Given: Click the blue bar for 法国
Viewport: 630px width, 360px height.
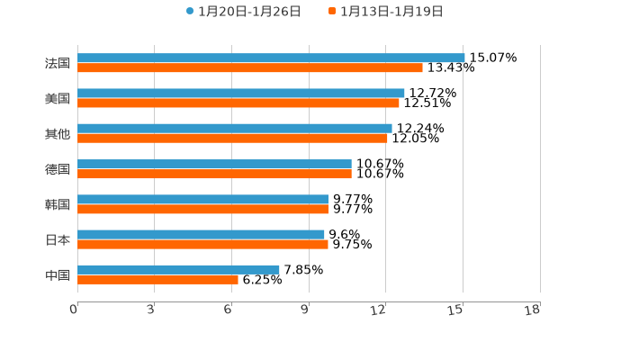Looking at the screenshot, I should coord(271,58).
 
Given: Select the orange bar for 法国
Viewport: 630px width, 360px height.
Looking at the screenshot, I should coord(250,67).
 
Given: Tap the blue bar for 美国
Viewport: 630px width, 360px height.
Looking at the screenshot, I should coord(241,93).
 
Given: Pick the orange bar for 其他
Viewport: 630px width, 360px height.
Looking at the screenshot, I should coord(232,138).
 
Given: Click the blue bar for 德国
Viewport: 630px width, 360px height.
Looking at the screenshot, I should coord(214,164).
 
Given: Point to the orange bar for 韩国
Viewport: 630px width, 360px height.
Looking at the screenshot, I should coord(202,209).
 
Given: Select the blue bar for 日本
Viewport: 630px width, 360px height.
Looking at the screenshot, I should coord(201,234).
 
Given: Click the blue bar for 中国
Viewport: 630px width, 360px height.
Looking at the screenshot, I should coord(178,269).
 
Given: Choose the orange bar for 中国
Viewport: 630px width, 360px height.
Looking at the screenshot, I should coord(157,279).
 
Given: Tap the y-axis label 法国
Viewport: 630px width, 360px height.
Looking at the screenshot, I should coord(58,63).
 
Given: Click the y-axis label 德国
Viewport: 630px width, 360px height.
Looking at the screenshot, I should coord(58,169).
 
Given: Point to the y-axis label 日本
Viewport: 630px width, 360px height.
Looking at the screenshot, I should coord(58,239).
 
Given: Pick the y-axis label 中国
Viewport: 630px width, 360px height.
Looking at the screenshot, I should coord(58,274).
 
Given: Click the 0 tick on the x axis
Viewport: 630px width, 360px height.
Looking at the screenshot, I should coord(74,310).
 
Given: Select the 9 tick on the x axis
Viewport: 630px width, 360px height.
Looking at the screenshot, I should coord(305,310).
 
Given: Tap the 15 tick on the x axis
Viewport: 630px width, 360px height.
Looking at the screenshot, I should coord(456,310).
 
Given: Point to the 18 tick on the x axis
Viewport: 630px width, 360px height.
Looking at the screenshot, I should coord(533,310).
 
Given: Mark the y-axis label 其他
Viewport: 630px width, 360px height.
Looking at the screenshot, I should coord(58,133).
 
